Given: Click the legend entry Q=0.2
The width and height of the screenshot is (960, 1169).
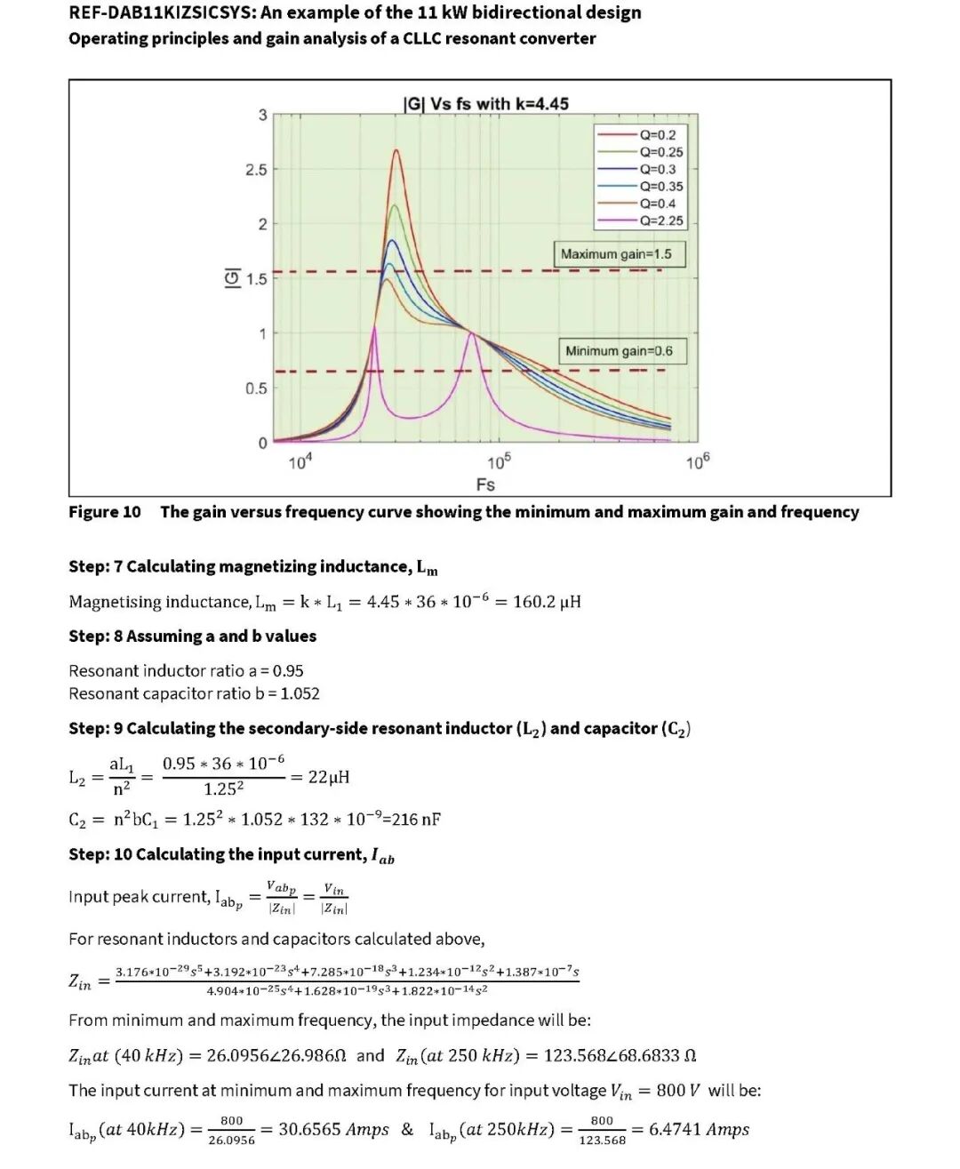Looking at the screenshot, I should click(x=657, y=135).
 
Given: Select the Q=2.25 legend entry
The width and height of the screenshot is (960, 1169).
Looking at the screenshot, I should click(x=660, y=220).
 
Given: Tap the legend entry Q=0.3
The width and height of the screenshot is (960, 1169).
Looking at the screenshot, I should click(x=657, y=169).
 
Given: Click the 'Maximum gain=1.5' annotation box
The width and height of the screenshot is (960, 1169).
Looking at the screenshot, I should click(x=616, y=254).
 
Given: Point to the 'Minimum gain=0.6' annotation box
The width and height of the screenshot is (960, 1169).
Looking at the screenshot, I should click(x=619, y=351).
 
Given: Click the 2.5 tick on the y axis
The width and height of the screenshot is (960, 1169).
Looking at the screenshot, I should click(x=256, y=170).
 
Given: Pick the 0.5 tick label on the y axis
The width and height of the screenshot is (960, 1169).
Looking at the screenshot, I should click(x=256, y=388).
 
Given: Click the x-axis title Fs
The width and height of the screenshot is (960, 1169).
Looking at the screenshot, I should click(x=485, y=484).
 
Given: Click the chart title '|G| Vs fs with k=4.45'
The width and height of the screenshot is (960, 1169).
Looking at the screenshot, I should click(x=485, y=104).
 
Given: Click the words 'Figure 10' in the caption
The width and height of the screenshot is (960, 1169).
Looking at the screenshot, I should click(x=105, y=512).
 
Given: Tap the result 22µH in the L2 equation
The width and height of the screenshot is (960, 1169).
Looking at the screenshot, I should click(x=329, y=777).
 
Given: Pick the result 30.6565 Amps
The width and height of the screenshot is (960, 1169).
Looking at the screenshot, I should click(x=333, y=1130).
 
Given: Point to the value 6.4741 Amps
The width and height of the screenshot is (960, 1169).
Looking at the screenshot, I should click(x=699, y=1130).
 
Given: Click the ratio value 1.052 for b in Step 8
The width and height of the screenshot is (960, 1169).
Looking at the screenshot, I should click(x=300, y=693).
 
